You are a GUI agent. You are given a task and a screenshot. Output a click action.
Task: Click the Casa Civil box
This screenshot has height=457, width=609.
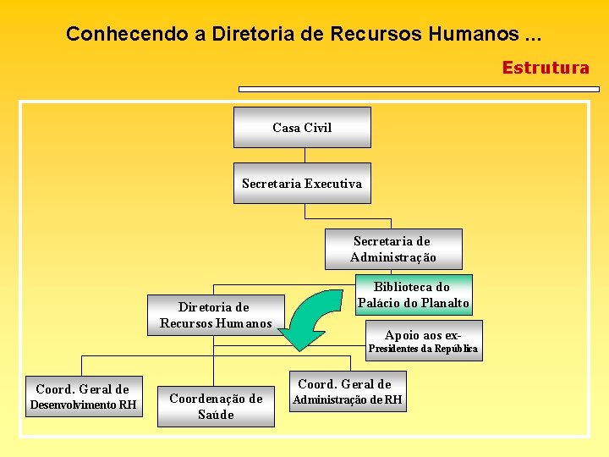click(x=302, y=128)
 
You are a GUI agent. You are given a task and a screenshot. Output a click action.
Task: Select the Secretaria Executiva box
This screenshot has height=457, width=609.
click(x=302, y=184)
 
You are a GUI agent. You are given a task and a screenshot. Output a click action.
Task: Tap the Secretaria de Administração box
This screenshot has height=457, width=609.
click(x=393, y=249)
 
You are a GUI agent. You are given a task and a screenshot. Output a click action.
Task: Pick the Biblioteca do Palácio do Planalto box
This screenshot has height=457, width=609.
click(x=414, y=295)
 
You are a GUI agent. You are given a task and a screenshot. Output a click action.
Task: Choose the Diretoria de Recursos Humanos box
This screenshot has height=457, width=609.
click(x=216, y=315)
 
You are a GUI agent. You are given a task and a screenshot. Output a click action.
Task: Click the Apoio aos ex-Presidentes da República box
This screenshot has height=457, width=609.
click(x=423, y=340)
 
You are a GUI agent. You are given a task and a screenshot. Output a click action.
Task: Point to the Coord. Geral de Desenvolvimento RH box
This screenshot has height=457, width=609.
click(x=83, y=397)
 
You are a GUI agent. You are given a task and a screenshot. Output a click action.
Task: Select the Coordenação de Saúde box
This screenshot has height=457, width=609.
click(x=216, y=406)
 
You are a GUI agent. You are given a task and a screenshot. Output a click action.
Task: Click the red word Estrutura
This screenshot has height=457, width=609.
click(x=546, y=68)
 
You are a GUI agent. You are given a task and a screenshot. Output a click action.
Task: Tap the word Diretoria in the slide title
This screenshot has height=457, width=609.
click(x=253, y=34)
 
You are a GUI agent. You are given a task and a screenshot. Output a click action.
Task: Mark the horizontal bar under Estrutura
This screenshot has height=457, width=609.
click(x=419, y=88)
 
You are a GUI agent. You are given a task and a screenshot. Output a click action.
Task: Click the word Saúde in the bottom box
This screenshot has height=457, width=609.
click(x=216, y=415)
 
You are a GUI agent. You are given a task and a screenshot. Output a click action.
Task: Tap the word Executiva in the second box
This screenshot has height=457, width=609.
click(x=333, y=184)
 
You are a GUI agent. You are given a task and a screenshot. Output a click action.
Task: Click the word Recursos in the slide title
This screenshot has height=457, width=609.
click(x=370, y=34)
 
